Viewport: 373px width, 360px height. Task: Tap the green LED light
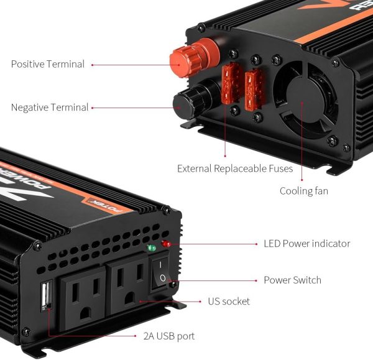[151, 248]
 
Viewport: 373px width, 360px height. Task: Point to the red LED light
[166, 244]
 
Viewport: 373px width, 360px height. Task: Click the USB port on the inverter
[47, 296]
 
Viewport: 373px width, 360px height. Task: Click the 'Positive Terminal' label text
[48, 64]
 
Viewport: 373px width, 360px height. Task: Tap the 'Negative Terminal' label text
[50, 108]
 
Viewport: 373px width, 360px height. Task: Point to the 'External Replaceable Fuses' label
[235, 168]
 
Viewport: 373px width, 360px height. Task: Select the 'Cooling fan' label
[304, 191]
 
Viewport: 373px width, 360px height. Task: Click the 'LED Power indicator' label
[307, 244]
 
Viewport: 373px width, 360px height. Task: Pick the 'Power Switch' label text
[292, 280]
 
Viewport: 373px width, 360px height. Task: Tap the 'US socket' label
[229, 302]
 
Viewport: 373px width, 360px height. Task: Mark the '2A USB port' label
[169, 336]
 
